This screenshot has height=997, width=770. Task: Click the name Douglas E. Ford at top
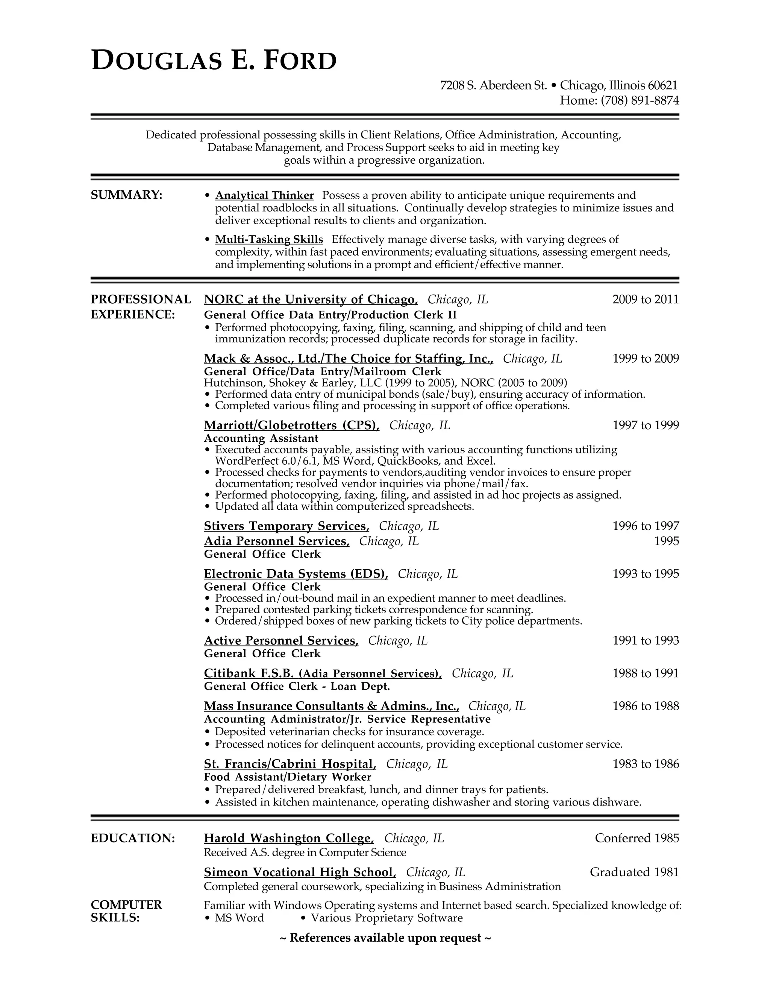tap(214, 61)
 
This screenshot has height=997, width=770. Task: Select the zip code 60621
tap(662, 85)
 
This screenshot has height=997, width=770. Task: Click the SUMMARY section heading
tap(126, 195)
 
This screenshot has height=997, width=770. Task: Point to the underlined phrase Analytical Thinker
tap(264, 195)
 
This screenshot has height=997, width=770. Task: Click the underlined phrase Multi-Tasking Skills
tap(269, 239)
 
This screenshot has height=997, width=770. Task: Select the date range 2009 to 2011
tap(645, 299)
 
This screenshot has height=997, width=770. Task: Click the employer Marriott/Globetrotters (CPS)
tap(291, 426)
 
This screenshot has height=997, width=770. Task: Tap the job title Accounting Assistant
tap(261, 438)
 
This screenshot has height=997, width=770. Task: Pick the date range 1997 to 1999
tap(645, 426)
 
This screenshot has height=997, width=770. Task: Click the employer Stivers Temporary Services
tap(286, 526)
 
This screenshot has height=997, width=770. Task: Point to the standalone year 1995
tap(666, 541)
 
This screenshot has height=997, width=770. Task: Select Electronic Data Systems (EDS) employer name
tap(296, 574)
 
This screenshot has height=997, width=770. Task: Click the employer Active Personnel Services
tap(280, 641)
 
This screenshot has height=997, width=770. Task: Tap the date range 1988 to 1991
tap(645, 673)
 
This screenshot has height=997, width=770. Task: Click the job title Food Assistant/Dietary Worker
tap(287, 777)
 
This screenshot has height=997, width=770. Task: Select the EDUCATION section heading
tap(133, 838)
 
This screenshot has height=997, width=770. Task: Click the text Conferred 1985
tap(637, 838)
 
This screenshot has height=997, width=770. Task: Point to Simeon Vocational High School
tap(299, 872)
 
